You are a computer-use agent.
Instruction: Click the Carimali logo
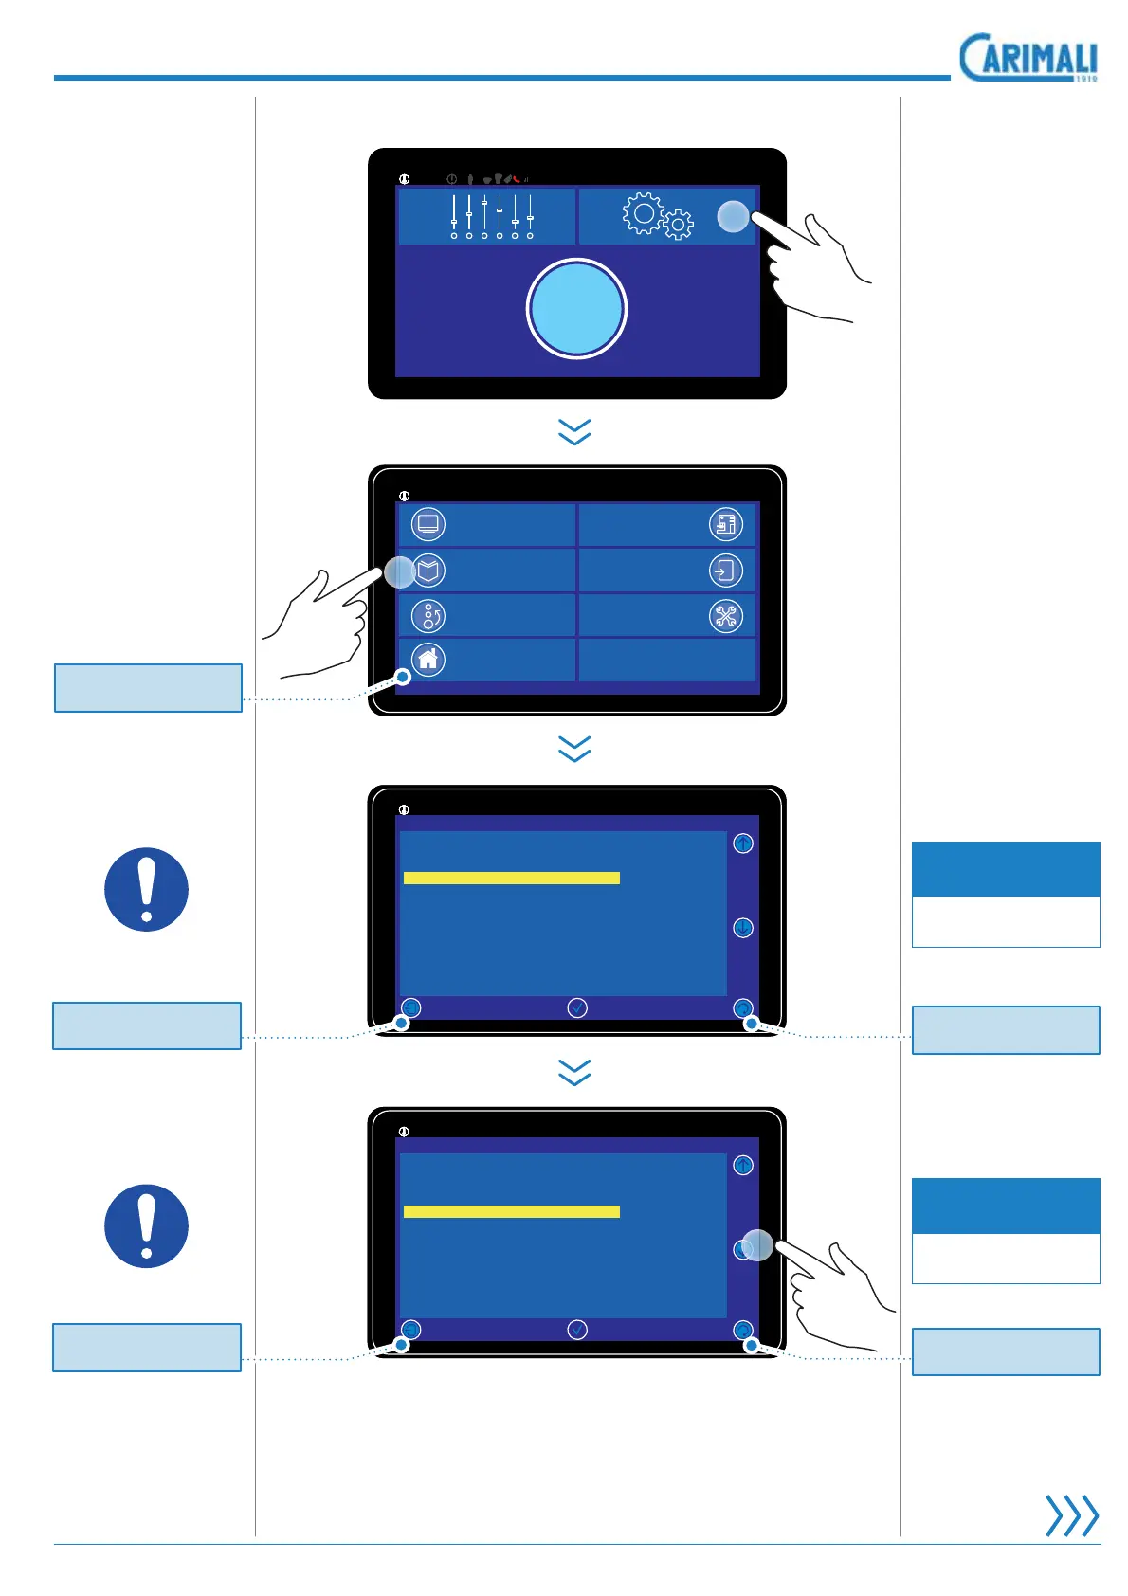point(1028,58)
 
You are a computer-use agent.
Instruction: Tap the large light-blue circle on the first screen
point(576,309)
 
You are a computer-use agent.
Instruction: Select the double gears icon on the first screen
point(657,216)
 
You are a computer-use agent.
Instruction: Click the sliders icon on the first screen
point(491,216)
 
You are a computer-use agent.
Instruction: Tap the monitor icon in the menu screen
point(428,524)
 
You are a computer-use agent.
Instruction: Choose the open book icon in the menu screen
point(429,571)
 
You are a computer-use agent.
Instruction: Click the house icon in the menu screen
point(428,659)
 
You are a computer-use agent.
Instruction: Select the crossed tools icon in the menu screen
point(726,616)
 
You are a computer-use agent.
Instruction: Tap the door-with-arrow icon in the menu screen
point(726,571)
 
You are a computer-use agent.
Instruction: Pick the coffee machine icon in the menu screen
point(726,524)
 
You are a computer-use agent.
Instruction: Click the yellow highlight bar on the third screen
point(512,879)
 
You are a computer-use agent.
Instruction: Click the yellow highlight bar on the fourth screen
point(512,1211)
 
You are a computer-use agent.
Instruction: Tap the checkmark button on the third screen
point(576,1008)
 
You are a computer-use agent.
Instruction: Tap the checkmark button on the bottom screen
point(576,1330)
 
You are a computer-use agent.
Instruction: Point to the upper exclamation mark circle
point(146,889)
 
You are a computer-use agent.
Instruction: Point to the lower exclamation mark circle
point(146,1225)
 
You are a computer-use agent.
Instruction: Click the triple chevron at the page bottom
point(1071,1515)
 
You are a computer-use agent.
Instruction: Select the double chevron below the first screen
point(575,432)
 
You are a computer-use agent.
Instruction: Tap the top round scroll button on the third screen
point(743,843)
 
